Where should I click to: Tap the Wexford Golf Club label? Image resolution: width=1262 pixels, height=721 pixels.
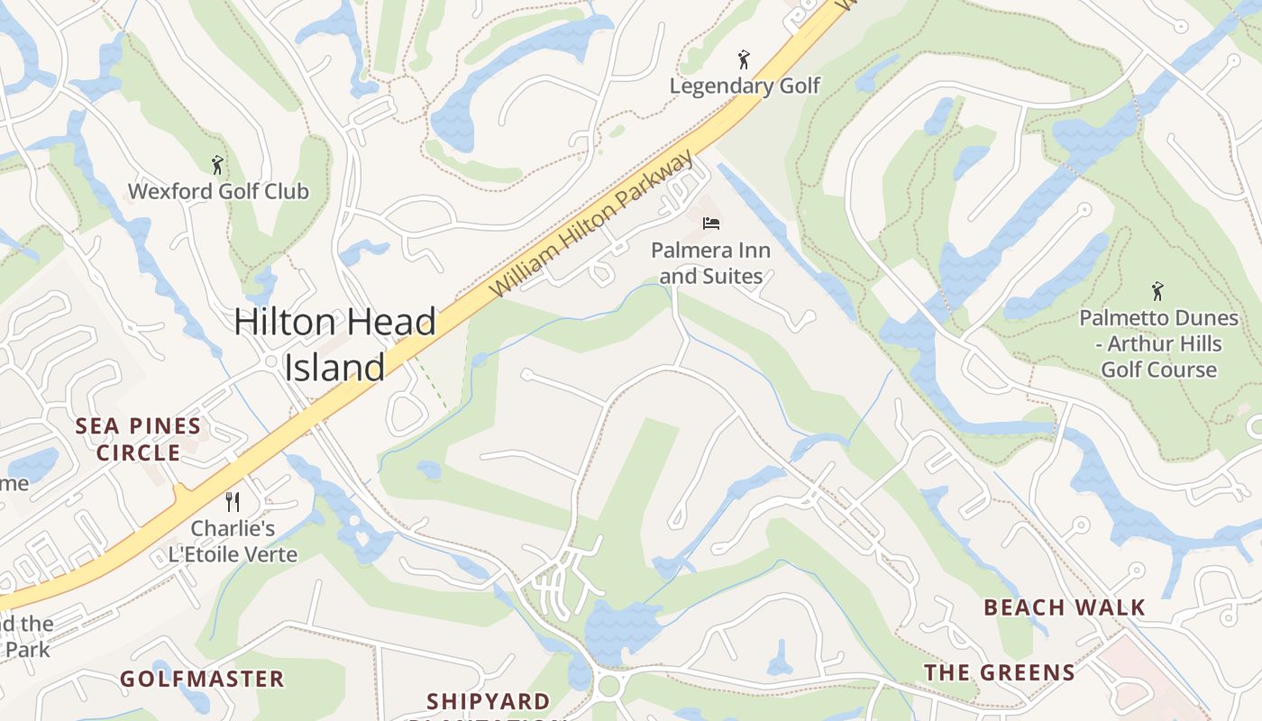218,191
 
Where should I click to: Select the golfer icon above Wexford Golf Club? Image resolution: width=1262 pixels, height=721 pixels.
216,165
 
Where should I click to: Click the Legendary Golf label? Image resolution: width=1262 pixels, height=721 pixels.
745,86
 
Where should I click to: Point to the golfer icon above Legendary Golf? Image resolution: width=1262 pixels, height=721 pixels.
743,60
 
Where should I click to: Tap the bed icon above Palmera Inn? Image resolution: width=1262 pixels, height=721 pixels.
711,223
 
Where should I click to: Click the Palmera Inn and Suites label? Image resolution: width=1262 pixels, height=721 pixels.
711,262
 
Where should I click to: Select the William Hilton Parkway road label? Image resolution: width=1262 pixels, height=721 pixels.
592,225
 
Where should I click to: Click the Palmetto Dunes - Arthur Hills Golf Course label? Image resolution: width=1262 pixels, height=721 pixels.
1158,343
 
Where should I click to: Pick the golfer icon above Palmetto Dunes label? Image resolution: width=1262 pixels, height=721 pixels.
1157,292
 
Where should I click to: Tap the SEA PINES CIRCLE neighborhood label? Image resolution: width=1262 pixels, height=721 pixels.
138,439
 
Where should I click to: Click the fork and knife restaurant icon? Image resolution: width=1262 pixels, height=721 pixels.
233,502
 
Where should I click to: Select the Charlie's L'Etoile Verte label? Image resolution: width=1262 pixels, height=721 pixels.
233,541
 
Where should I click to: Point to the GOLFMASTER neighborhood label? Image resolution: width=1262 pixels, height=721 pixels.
202,679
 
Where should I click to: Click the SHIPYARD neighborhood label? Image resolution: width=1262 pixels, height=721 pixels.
488,701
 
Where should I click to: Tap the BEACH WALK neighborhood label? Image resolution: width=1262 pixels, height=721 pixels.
1064,607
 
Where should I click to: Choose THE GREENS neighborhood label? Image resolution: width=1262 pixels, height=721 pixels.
1000,672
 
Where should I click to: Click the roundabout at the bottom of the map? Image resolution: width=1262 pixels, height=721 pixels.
609,686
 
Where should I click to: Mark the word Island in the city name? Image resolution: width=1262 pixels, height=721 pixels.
335,368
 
